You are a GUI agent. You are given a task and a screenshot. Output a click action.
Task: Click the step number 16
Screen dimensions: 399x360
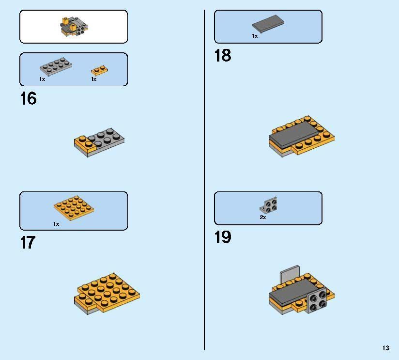(28, 98)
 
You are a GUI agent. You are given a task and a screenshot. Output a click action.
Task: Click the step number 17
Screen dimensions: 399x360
(28, 242)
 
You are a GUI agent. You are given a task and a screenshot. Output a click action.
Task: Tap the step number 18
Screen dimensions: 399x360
(223, 56)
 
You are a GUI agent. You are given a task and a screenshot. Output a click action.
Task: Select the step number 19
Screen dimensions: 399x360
(223, 237)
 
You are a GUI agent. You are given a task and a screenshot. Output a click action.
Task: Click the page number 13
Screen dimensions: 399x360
(386, 348)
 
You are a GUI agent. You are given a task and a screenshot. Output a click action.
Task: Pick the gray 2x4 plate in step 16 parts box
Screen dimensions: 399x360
(56, 66)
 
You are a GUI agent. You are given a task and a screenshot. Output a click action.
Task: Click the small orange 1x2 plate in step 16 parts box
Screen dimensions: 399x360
(99, 70)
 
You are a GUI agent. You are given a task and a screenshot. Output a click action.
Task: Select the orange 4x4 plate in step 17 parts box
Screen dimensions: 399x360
(74, 208)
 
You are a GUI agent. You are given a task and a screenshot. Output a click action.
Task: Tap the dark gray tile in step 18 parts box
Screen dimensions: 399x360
(268, 23)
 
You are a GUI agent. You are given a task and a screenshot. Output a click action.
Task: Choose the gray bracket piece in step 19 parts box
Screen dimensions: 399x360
(269, 205)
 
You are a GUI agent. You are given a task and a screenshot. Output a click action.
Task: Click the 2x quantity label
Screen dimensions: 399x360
(263, 217)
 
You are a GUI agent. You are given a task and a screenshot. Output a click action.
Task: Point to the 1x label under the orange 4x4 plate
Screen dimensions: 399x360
(56, 224)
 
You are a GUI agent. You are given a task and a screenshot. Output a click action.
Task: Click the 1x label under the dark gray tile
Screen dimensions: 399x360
(255, 36)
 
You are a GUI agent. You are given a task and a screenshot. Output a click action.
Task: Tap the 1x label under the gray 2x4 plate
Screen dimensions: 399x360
(42, 79)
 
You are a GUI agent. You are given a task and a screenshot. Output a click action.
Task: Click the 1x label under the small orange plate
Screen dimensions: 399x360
(94, 79)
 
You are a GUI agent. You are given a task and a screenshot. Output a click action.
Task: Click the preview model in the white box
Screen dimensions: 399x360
(74, 27)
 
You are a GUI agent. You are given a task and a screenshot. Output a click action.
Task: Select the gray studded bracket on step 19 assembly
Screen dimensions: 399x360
(317, 301)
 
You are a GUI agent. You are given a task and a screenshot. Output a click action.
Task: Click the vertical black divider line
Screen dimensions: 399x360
(204, 180)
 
